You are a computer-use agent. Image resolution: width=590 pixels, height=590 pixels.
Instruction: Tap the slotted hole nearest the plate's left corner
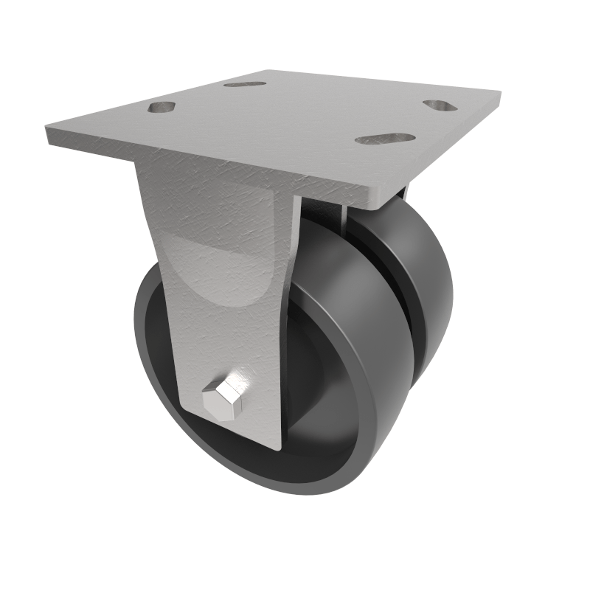[162, 107]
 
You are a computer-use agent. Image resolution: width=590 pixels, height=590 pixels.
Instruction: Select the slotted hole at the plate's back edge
[246, 84]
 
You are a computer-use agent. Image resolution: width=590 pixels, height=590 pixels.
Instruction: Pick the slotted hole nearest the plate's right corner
[440, 105]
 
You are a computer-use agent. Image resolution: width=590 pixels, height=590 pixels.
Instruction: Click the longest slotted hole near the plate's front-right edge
[385, 138]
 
